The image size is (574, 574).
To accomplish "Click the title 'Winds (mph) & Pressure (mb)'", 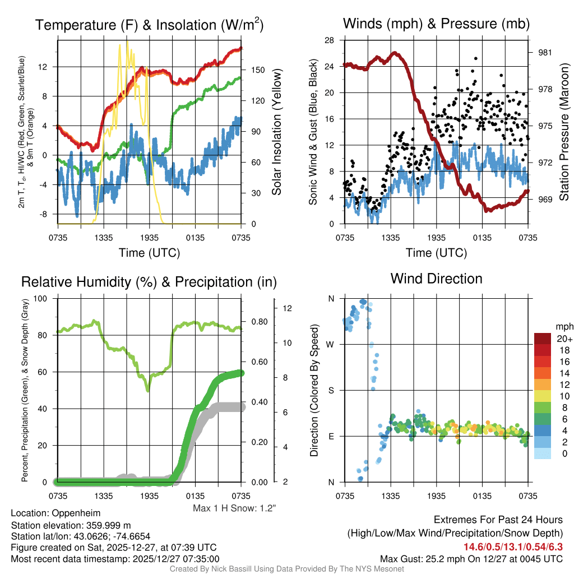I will tap(436, 24).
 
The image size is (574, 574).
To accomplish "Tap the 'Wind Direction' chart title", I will tap(436, 279).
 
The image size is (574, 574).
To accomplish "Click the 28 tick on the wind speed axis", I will tap(330, 40).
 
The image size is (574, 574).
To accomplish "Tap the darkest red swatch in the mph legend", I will tap(543, 339).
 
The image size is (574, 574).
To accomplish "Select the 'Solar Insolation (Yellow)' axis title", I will tap(277, 132).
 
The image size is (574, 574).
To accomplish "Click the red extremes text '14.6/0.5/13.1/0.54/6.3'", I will tap(512, 547).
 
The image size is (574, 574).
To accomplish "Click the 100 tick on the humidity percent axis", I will tap(41, 298).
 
